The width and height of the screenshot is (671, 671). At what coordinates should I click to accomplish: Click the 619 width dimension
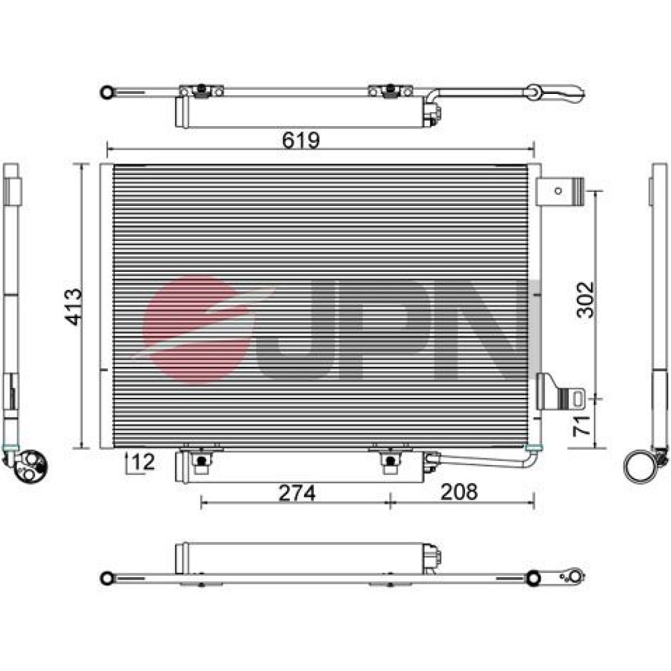pyautogui.click(x=301, y=140)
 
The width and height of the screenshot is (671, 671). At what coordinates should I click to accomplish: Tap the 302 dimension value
pyautogui.click(x=585, y=299)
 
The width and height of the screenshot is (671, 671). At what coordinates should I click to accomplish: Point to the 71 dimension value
pyautogui.click(x=582, y=425)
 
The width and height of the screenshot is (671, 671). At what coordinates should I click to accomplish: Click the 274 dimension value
pyautogui.click(x=297, y=493)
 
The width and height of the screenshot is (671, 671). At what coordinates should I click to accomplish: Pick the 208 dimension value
pyautogui.click(x=459, y=492)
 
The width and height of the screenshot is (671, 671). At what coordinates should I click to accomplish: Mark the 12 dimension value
pyautogui.click(x=143, y=462)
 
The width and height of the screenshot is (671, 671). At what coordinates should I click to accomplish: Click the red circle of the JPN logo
pyautogui.click(x=197, y=329)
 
